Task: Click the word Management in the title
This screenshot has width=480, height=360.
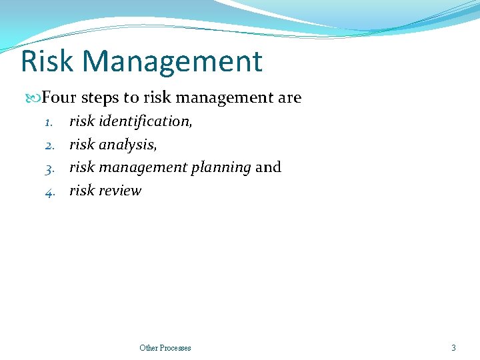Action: [x=173, y=61]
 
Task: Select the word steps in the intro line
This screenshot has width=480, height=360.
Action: [x=100, y=98]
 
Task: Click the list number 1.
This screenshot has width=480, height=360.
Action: [x=49, y=122]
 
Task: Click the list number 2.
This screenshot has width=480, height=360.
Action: [x=49, y=145]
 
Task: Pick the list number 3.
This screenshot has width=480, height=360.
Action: [x=49, y=168]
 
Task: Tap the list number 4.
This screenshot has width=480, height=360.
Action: [x=49, y=191]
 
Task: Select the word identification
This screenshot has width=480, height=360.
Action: [x=145, y=121]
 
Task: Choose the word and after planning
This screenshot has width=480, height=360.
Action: [x=268, y=167]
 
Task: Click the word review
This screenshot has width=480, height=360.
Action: [x=120, y=191]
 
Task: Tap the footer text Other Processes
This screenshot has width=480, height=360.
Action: [x=165, y=347]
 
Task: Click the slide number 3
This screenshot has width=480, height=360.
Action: [x=453, y=347]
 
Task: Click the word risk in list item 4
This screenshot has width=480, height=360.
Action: [x=82, y=191]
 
